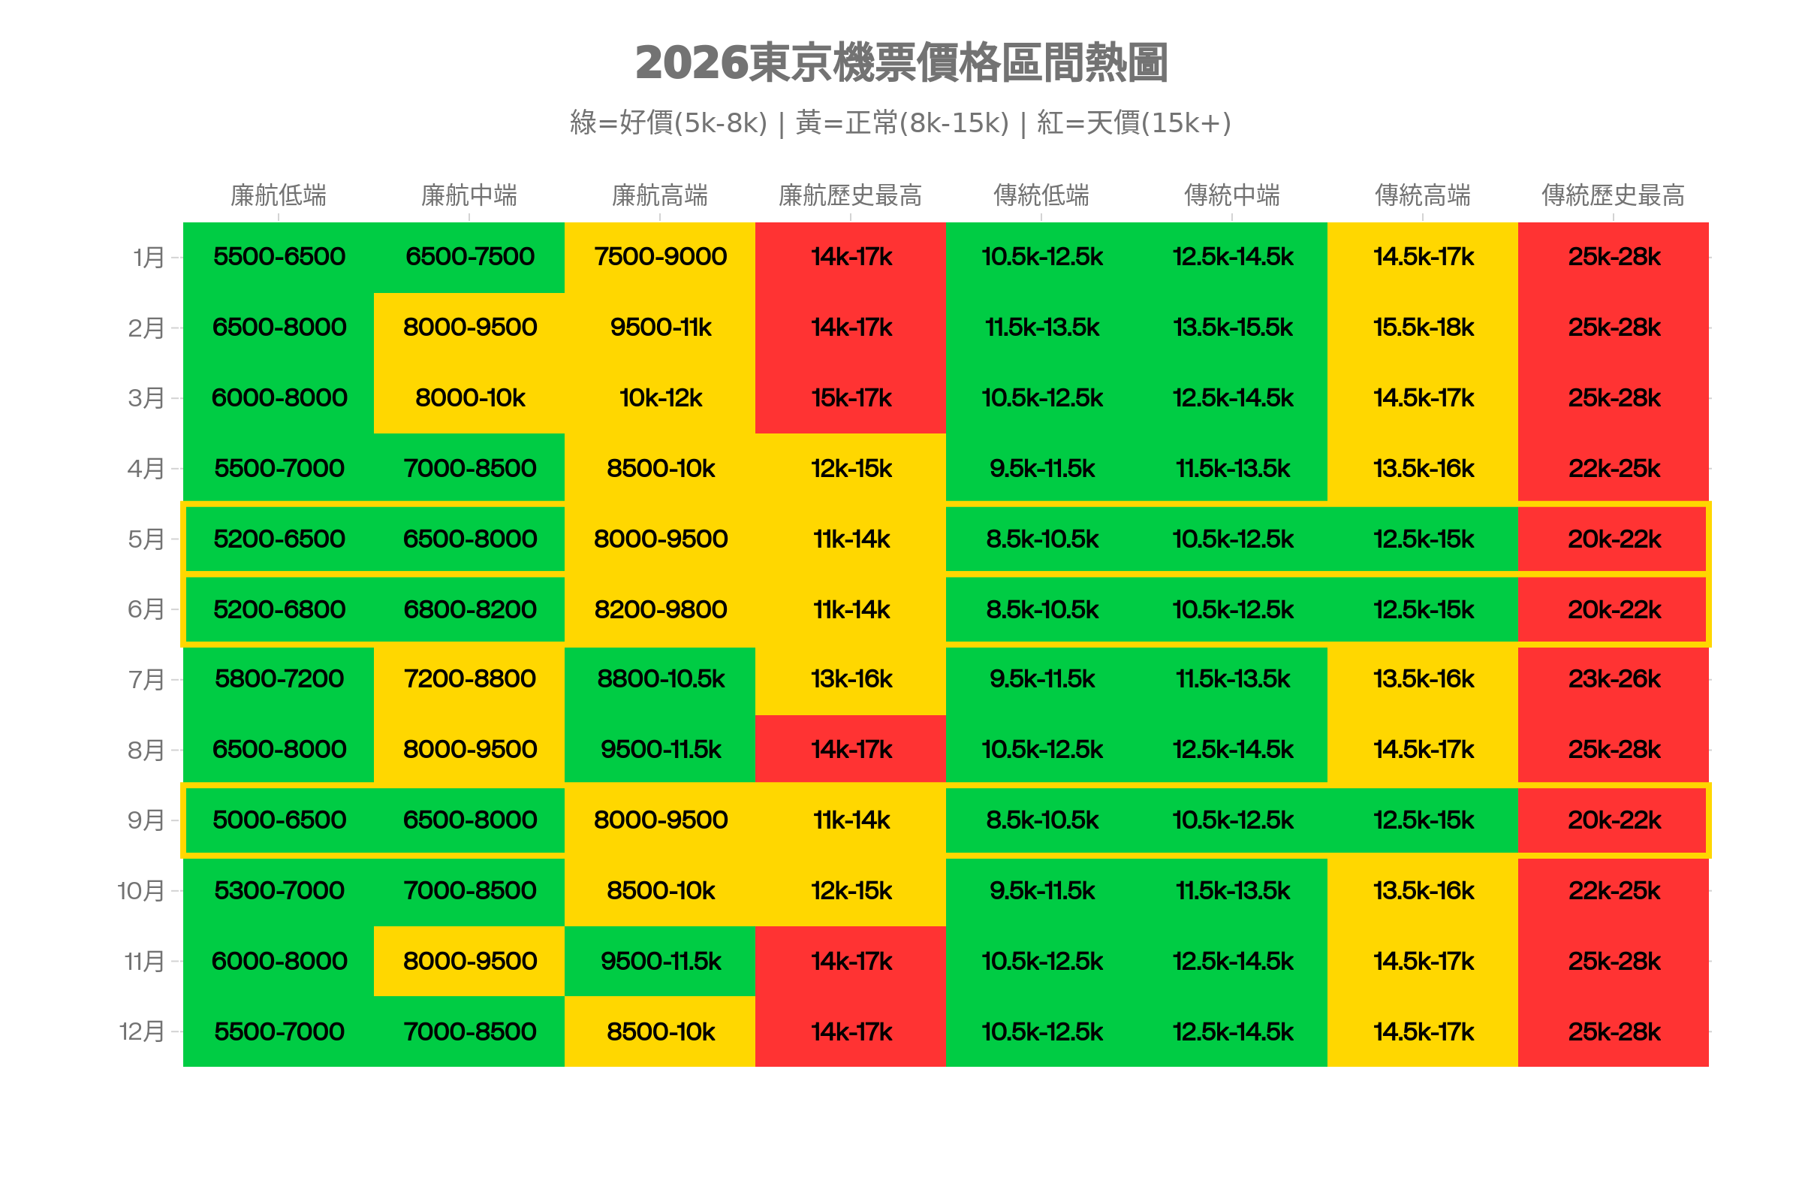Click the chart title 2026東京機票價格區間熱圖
901,63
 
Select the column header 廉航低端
278,195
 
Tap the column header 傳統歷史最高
1613,195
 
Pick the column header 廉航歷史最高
850,195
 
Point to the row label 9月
146,820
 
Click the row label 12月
143,1031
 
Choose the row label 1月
149,258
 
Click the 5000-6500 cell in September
279,820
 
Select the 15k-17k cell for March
851,398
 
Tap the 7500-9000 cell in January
661,257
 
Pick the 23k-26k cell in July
1614,679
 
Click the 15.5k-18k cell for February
1423,328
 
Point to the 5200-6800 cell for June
279,609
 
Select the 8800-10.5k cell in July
661,679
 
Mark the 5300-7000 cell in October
279,891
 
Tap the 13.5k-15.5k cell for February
1232,328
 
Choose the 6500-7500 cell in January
470,257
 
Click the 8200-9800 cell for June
661,609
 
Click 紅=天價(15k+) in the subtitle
1133,122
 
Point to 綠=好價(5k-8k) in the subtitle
668,122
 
